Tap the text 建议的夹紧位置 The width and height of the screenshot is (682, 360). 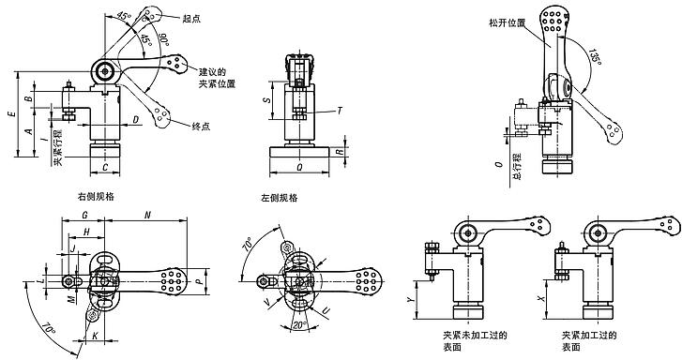click(216, 78)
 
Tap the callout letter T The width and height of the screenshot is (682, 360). click(338, 111)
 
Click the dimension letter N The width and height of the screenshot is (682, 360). click(148, 215)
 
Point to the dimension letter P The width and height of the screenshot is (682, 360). click(200, 280)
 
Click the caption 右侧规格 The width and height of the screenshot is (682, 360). click(98, 198)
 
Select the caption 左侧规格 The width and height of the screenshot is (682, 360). click(280, 198)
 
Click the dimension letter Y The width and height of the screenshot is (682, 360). click(410, 300)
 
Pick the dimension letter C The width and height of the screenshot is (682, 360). click(106, 167)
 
